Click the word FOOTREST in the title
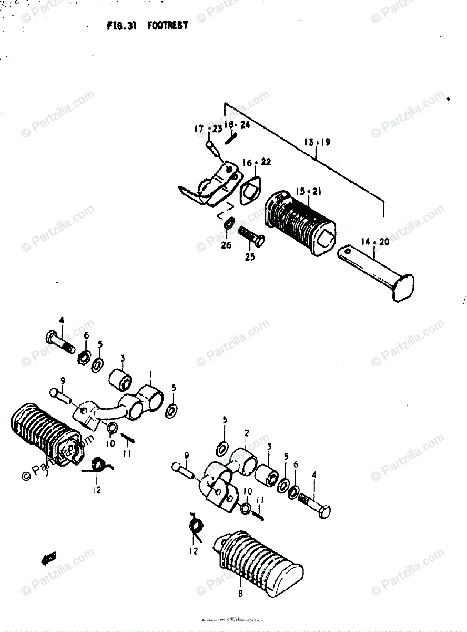pos(167,25)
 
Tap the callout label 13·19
pos(317,142)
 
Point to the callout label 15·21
pos(308,191)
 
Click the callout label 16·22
pos(257,162)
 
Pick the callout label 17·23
pos(207,129)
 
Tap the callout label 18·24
pos(237,124)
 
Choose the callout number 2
pos(246,433)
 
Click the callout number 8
pos(240,595)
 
